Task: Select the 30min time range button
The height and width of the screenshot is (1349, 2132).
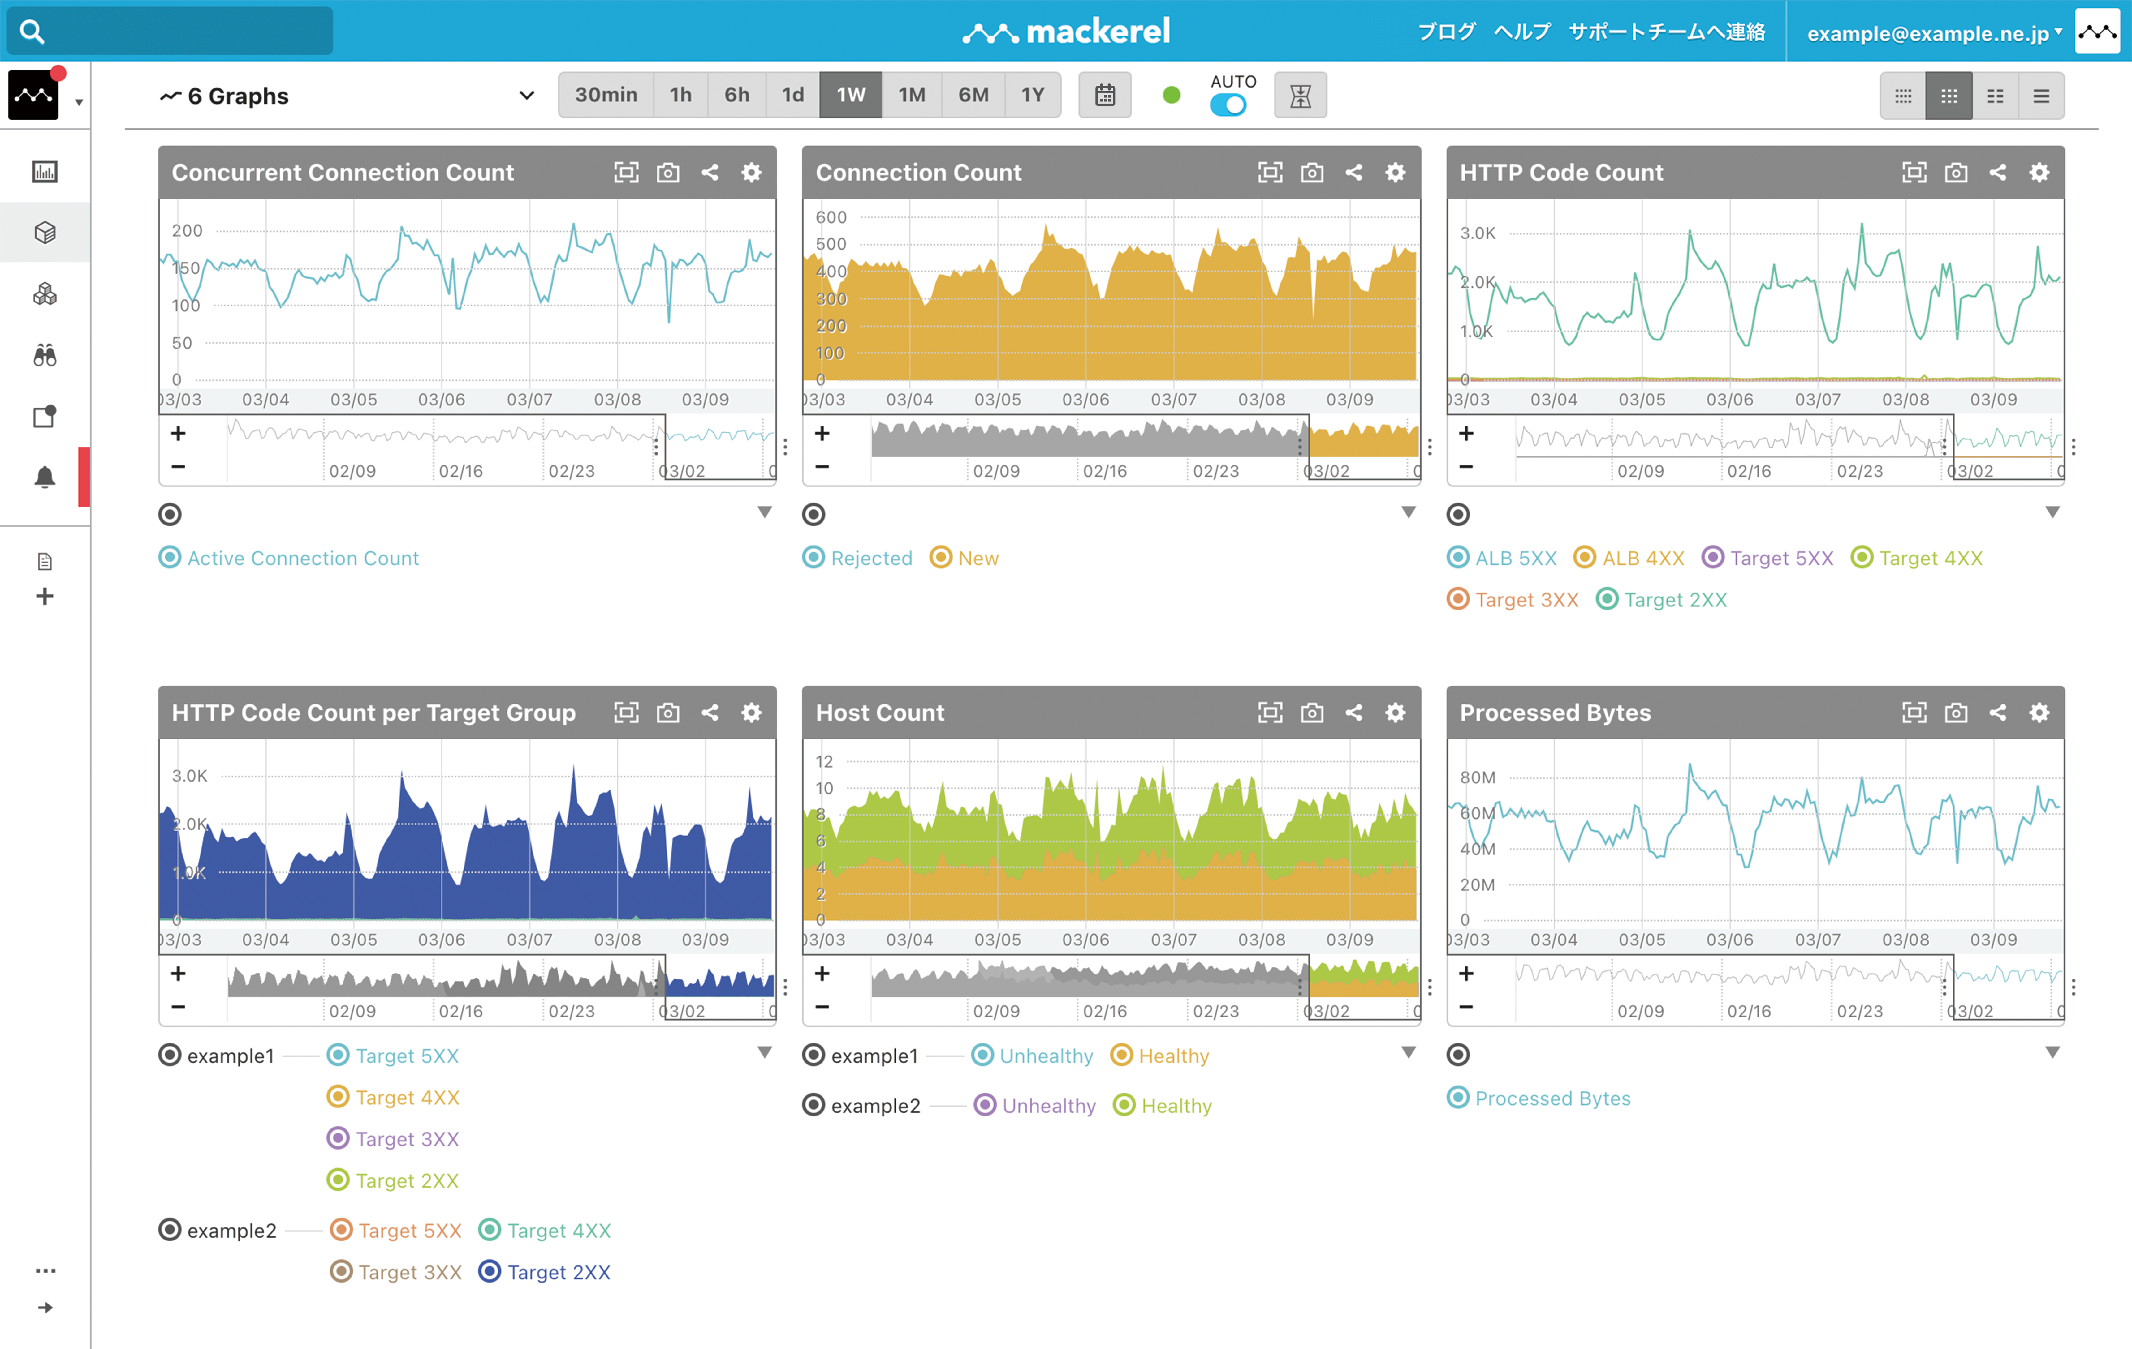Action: coord(606,95)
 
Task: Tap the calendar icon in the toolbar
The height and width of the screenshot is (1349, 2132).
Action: coord(1104,95)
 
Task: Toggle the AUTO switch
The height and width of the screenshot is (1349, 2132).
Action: coord(1228,105)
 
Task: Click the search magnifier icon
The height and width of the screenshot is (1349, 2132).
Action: coord(32,32)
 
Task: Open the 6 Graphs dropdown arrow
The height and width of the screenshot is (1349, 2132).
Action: coord(527,96)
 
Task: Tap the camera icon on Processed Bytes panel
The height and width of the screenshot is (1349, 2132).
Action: coord(1956,713)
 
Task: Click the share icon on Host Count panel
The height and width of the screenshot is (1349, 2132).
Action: coord(1354,713)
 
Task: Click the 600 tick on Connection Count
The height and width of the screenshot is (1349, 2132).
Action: coord(831,217)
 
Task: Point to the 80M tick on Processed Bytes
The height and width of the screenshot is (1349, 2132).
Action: coord(1477,777)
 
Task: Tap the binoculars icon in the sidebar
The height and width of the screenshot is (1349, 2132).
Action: coord(44,355)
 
